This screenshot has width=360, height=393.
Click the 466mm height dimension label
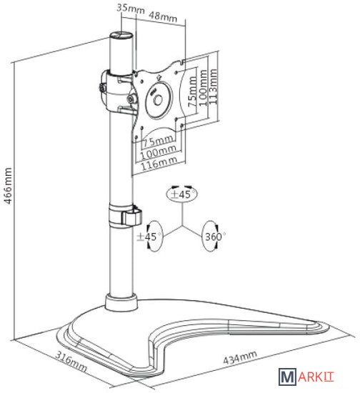click(x=8, y=186)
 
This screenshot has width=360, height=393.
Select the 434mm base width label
click(x=240, y=357)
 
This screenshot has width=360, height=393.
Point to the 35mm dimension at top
click(x=131, y=9)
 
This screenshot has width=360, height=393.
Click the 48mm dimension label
click(x=163, y=16)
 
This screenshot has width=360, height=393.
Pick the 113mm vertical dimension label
click(x=213, y=86)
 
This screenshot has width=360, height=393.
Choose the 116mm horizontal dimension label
click(x=159, y=163)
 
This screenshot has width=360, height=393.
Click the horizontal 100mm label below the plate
click(x=158, y=152)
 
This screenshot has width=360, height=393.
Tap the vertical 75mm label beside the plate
click(x=192, y=91)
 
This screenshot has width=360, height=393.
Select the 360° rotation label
click(x=214, y=237)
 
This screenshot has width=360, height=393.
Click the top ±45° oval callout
click(x=182, y=194)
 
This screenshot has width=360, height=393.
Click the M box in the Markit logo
click(x=287, y=377)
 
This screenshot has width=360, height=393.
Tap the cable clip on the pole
click(x=131, y=216)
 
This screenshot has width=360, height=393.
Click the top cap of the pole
click(x=121, y=35)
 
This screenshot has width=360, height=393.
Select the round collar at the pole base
click(x=121, y=302)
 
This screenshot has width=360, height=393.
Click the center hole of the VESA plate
click(x=158, y=101)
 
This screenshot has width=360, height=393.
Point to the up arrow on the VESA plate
click(x=159, y=77)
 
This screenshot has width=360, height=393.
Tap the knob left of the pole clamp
click(x=102, y=89)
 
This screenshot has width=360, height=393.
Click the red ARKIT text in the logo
click(x=316, y=377)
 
